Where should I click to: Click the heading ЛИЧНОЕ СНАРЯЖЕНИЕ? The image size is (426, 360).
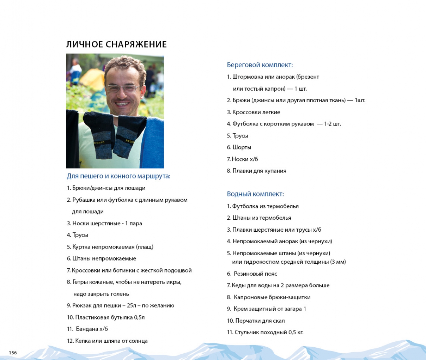point(116,44)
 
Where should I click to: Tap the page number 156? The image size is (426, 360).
point(13,353)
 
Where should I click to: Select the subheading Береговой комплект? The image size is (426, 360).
point(260,65)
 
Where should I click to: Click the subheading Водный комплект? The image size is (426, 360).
point(255,194)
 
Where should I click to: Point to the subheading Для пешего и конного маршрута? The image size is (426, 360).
point(118,176)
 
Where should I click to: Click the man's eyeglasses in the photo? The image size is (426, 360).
point(123,89)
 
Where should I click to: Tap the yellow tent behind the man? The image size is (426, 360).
point(92,79)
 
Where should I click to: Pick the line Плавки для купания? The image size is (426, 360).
point(257,171)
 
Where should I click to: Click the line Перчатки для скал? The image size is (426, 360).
point(256,321)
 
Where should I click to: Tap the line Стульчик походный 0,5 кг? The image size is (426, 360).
point(265,332)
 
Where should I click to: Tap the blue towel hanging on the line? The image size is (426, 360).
point(155,141)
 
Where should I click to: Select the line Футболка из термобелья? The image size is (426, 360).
point(263,206)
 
